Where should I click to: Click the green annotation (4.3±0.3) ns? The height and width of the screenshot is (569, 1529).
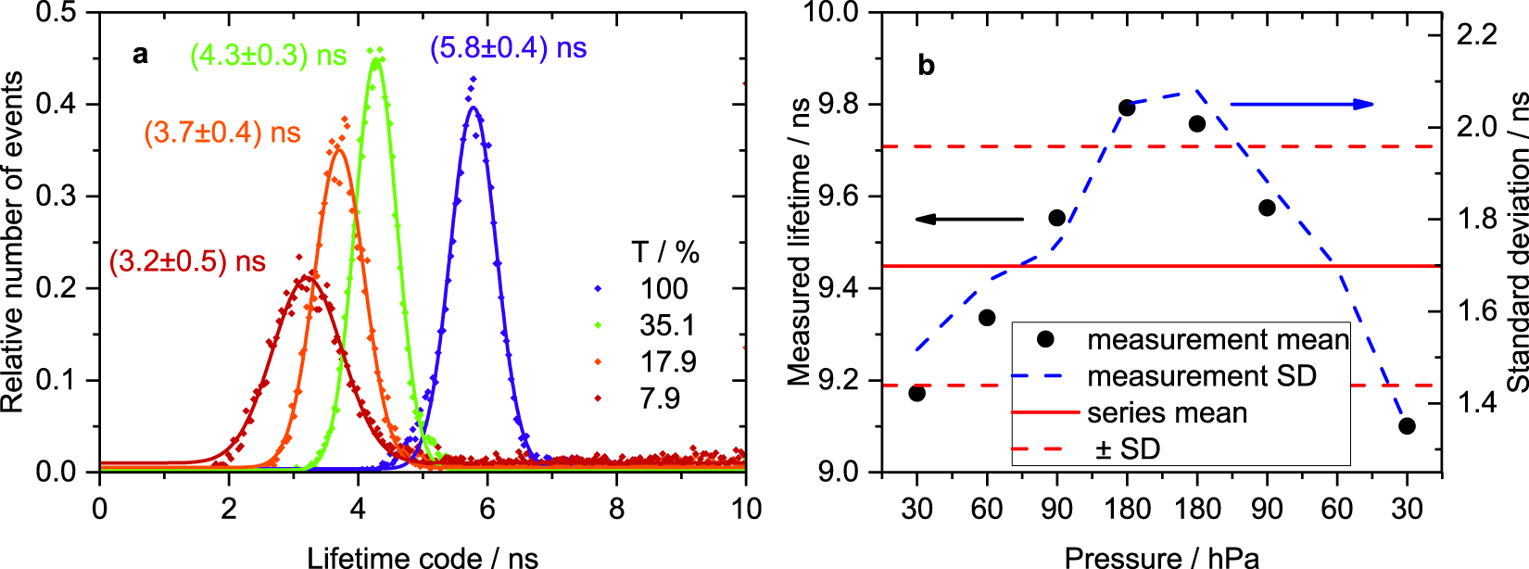coord(269,56)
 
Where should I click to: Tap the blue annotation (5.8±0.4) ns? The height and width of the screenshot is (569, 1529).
coord(508,48)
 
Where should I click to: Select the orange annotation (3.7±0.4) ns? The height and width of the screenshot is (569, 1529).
coord(222,133)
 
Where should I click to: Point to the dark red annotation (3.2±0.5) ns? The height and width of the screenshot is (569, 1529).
coord(187,261)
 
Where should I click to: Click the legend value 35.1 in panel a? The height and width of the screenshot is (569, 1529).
coord(666,325)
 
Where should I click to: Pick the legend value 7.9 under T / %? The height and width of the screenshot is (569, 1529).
coord(659,398)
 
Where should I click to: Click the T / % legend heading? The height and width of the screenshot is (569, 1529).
coord(665,252)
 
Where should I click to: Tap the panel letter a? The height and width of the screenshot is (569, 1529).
coord(140,55)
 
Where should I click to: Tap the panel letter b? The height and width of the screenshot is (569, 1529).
coord(926,66)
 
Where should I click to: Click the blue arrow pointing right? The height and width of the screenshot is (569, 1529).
coord(1302,104)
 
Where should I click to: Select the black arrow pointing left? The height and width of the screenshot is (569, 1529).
coord(968,220)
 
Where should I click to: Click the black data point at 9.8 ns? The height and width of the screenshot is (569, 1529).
coord(1127,108)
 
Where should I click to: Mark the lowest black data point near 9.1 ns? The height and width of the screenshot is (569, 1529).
coord(1407,426)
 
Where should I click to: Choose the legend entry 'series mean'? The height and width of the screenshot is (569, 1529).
coord(1167,412)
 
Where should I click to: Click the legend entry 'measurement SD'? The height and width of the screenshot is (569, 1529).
coord(1201,376)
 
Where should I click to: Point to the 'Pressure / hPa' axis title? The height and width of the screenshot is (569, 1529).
coord(1161,558)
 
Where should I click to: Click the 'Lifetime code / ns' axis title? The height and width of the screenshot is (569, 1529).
coord(422,558)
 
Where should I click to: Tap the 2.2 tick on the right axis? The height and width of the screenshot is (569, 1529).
coord(1476,34)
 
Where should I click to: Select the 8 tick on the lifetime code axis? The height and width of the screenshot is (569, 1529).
coord(616,509)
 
